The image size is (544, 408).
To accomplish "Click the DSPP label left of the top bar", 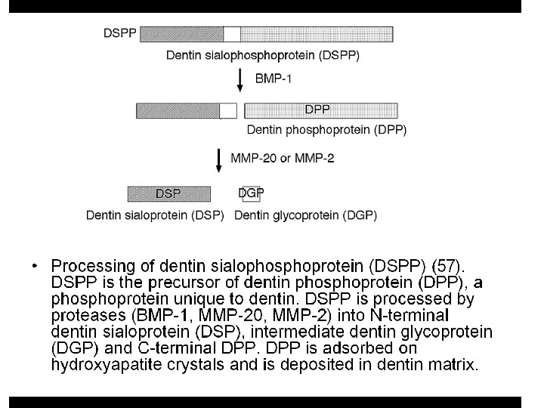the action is (120, 34).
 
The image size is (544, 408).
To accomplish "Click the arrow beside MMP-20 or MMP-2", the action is (218, 160).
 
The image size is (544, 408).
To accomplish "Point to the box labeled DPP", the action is (318, 110).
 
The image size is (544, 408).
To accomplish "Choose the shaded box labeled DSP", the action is (168, 193).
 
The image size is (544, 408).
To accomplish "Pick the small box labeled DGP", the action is (250, 193).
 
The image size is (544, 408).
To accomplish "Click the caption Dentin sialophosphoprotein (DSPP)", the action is (262, 55).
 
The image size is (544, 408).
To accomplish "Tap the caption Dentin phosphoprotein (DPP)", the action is (326, 130).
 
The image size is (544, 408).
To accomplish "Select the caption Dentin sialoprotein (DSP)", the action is (156, 215).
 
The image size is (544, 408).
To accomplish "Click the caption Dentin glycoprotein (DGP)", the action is (306, 215).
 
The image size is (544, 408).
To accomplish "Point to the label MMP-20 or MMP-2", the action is (277, 159).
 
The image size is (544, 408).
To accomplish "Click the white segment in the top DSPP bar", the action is (232, 34).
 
